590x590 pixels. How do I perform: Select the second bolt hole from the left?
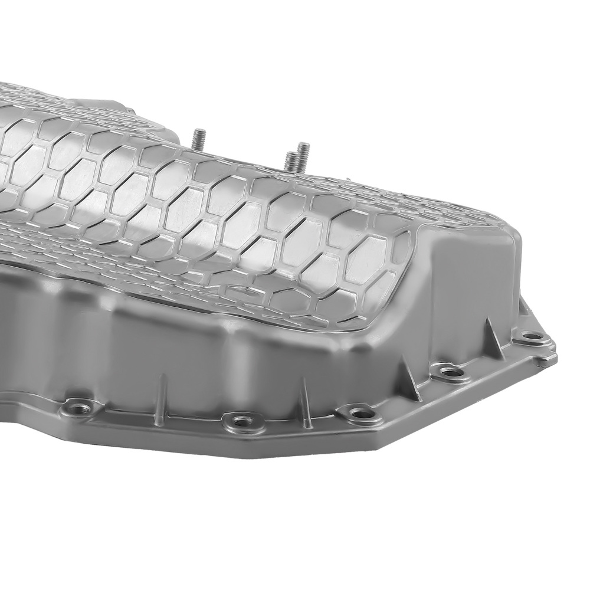[240, 421]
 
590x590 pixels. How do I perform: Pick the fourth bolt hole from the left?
[448, 372]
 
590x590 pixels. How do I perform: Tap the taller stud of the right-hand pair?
[303, 154]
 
